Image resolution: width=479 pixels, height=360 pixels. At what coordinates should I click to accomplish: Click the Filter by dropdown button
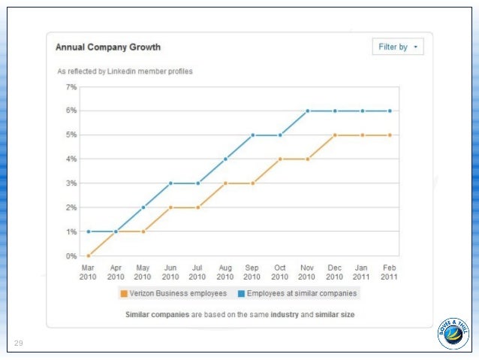coord(398,47)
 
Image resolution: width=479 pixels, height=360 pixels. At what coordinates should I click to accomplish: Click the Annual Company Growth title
coord(108,47)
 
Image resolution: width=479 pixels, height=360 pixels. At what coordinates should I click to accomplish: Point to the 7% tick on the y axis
coord(72,87)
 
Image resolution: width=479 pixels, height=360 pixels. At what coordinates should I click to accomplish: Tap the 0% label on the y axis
coord(72,256)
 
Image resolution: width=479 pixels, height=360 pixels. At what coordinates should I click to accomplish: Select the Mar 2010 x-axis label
coord(88,271)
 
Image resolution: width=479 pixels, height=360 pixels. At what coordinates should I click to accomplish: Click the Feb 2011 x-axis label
coord(390,271)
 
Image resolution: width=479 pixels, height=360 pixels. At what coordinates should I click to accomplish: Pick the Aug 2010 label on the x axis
coord(225,271)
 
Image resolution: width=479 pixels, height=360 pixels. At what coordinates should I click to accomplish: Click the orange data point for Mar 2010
coord(89,256)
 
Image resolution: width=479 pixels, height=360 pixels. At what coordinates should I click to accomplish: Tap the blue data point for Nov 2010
coord(308,110)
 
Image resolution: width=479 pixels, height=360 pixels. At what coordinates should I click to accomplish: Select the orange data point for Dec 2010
coord(335,135)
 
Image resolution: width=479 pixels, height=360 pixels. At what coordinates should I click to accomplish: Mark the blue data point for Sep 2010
coord(253,135)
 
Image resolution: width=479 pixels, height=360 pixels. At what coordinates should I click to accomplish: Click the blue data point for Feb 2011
coord(390,110)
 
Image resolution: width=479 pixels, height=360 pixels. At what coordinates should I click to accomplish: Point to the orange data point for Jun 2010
coord(170,207)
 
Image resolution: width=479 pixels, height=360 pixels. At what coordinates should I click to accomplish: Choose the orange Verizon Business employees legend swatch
coord(123,293)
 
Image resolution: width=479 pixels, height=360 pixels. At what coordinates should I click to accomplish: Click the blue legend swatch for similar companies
coord(243,293)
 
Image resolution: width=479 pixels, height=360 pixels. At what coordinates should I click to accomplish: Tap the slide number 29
coord(19,343)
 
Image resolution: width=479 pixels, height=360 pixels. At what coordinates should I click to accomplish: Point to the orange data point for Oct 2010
coord(280,159)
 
